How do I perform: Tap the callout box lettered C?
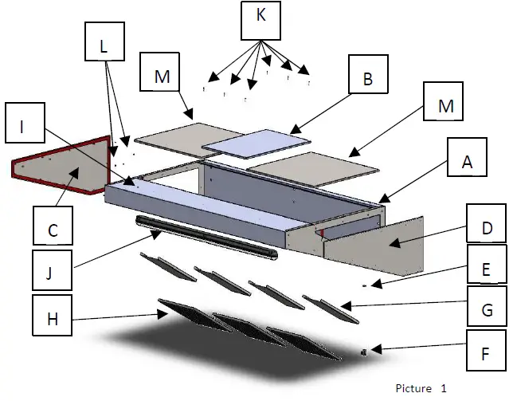53,230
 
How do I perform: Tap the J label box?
53,273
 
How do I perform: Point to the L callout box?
104,47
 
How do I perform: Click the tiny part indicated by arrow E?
364,283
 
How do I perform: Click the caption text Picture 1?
421,388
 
